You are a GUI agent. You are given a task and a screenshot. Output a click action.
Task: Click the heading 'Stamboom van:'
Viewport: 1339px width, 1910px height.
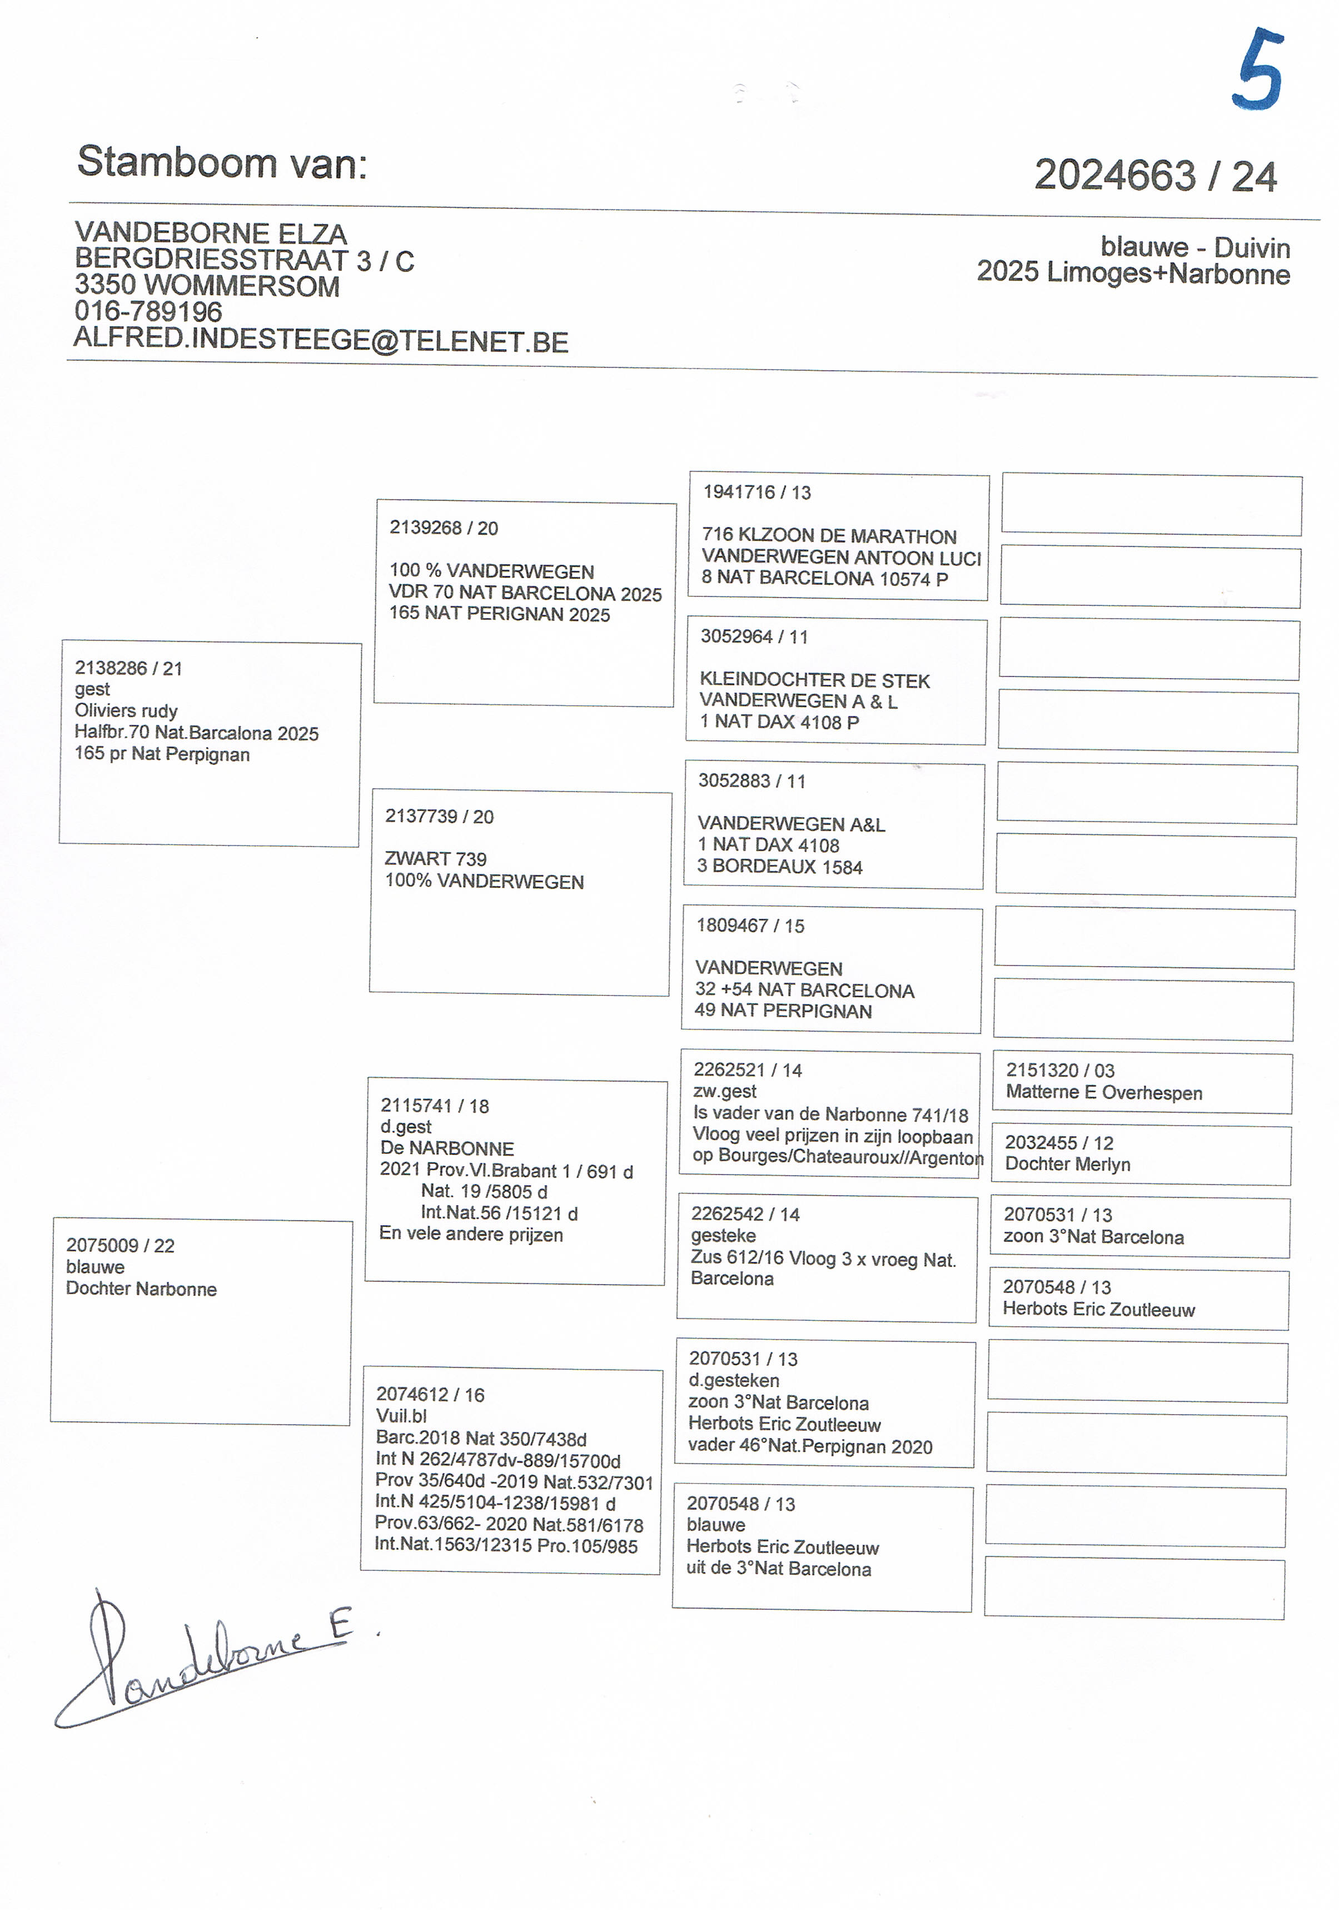tap(222, 162)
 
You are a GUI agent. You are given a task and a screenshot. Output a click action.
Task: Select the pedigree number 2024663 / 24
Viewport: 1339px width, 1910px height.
tap(1155, 176)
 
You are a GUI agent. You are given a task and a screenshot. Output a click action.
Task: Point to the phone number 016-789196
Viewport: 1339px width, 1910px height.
tap(148, 312)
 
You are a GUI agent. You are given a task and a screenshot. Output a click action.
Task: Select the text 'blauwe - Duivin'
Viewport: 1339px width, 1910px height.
tap(1195, 248)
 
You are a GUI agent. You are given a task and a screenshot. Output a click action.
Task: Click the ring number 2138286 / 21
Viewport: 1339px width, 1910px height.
tap(128, 668)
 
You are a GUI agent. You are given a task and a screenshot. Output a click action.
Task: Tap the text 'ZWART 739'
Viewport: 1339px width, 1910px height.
tap(435, 858)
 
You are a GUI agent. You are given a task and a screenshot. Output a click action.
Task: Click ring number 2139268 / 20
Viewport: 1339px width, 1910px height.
tap(444, 528)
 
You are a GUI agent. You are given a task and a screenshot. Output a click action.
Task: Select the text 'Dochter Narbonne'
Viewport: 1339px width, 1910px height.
tap(141, 1290)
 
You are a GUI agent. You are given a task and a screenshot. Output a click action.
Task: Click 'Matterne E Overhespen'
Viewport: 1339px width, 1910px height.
tap(1104, 1093)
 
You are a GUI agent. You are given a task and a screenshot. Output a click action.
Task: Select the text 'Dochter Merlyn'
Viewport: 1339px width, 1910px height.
tap(1067, 1165)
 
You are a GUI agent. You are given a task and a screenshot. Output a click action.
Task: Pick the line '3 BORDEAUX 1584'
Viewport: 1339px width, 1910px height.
tap(779, 867)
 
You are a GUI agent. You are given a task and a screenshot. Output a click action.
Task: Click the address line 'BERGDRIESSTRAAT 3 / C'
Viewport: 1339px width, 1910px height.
tap(243, 260)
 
